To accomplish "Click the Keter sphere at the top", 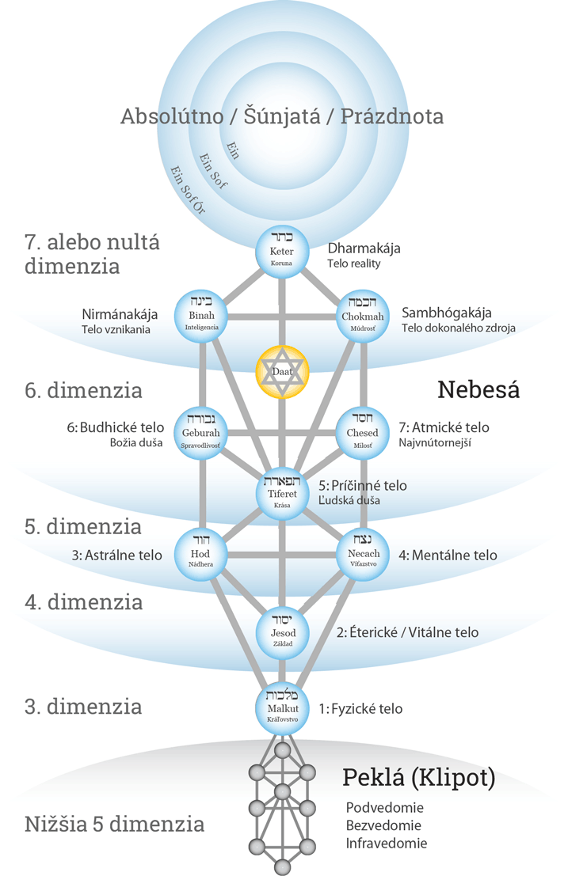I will tap(283, 251).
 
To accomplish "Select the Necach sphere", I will tap(364, 554).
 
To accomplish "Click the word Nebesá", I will tap(478, 389).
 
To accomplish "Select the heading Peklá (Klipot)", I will tap(419, 778).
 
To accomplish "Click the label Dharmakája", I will tap(364, 248).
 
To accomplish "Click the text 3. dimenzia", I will tap(83, 706).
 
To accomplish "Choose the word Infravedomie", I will tap(387, 843).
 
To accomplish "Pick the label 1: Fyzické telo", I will tap(360, 708).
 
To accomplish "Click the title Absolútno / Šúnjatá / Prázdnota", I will tap(282, 116).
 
